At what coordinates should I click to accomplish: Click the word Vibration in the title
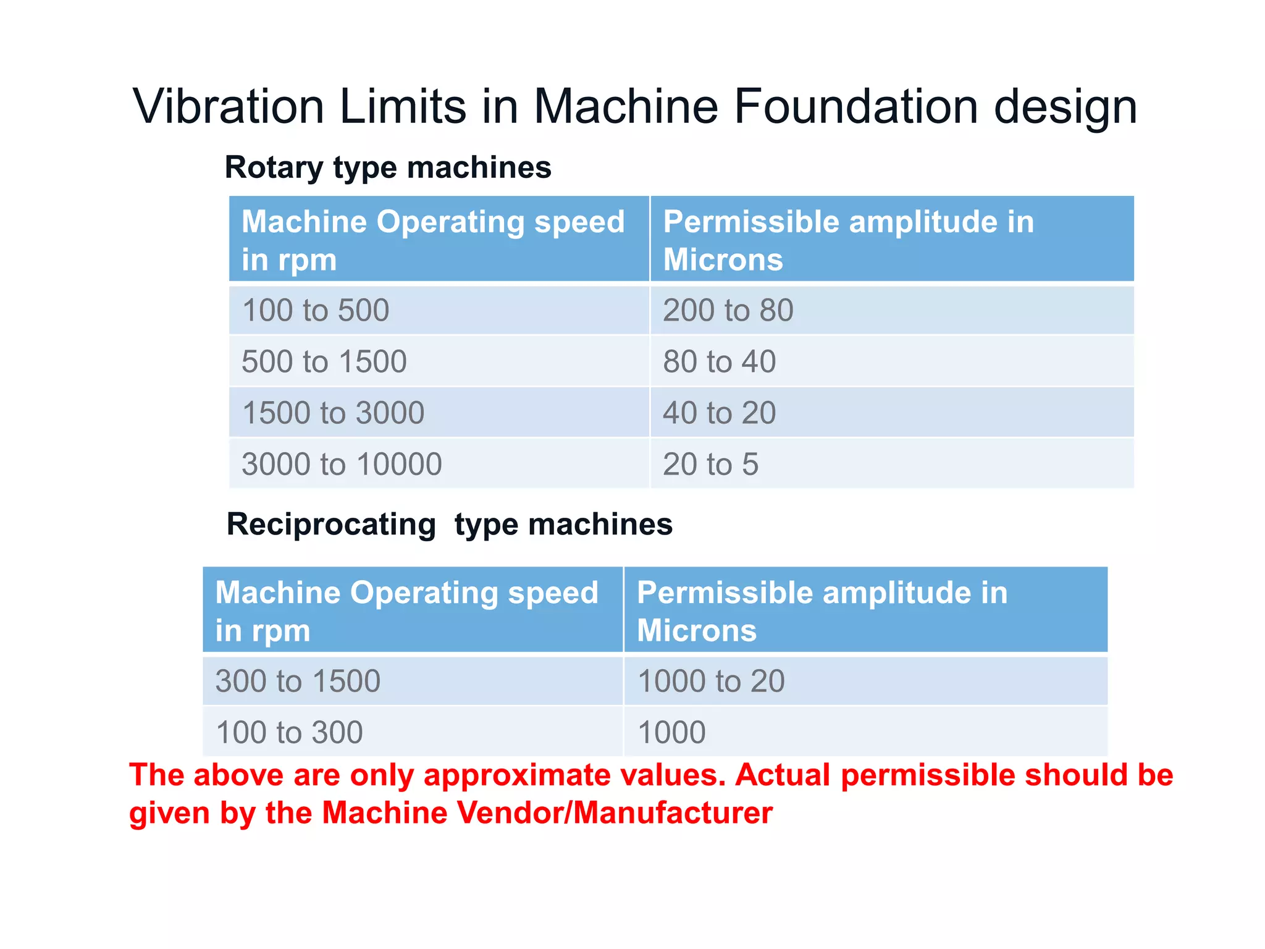coord(229,106)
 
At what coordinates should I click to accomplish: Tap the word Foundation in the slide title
coord(856,106)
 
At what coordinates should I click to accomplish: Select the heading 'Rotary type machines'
coord(388,167)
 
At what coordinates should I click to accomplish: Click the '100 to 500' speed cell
coord(316,310)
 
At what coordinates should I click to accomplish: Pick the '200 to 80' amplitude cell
coord(728,310)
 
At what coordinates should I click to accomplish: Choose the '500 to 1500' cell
coord(324,361)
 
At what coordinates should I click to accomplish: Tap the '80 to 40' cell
coord(720,361)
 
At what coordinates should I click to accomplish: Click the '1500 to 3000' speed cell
coord(333,413)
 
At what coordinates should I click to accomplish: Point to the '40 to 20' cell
coord(720,413)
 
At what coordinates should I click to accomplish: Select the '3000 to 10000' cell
coord(342,464)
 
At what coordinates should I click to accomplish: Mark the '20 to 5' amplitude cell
coord(711,464)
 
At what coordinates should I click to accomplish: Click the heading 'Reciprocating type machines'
coord(450,525)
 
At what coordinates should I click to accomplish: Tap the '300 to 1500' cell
coord(298,681)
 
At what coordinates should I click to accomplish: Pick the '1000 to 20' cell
coord(711,681)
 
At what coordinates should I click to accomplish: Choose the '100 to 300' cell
coord(289,732)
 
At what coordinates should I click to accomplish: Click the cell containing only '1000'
coord(671,732)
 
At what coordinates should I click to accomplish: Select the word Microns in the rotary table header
coord(723,259)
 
